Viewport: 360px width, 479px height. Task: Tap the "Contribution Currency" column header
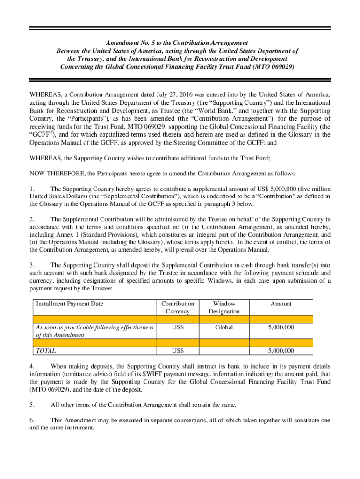pyautogui.click(x=177, y=307)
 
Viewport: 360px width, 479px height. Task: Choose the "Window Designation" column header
pyautogui.click(x=224, y=307)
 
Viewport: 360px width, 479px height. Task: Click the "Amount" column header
pyautogui.click(x=281, y=304)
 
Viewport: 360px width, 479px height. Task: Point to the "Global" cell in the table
pyautogui.click(x=224, y=327)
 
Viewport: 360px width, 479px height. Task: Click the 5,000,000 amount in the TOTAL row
pyautogui.click(x=281, y=350)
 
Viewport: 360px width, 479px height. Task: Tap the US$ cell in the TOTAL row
pyautogui.click(x=177, y=350)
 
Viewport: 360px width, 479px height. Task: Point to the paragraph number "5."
pyautogui.click(x=32, y=405)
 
